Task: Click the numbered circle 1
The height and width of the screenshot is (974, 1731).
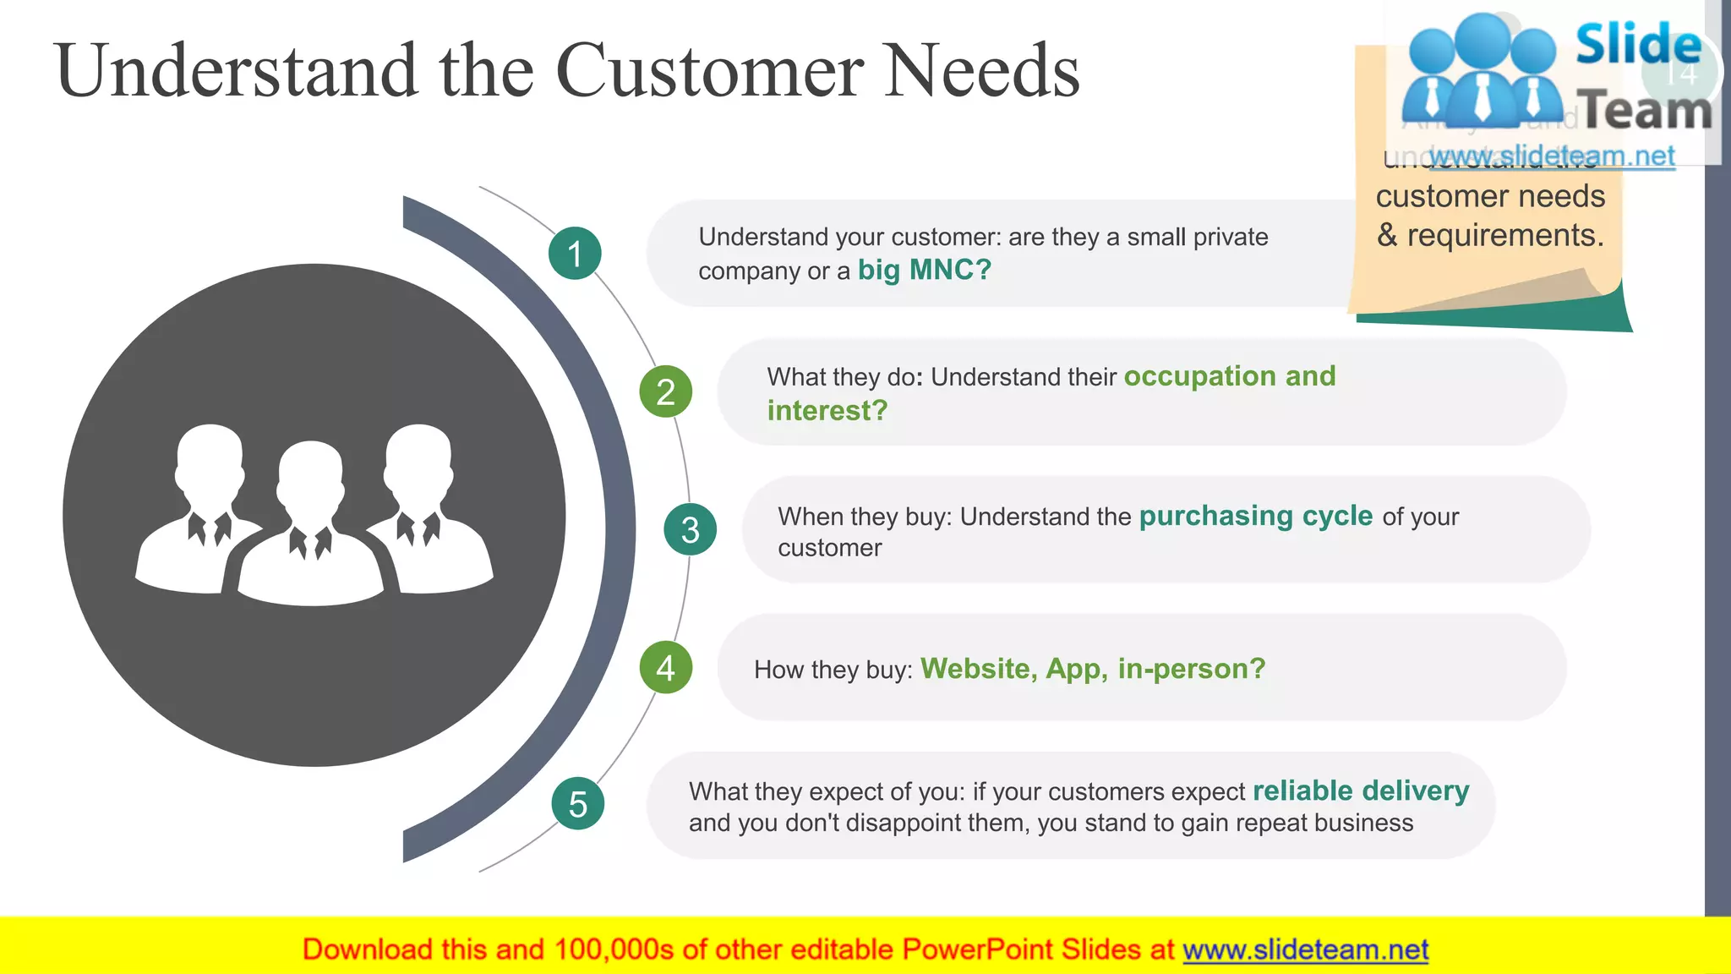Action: pos(575,254)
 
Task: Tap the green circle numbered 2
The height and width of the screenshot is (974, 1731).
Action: pos(666,392)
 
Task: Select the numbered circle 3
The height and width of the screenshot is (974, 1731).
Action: pos(690,530)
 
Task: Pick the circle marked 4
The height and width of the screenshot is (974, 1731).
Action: pos(666,668)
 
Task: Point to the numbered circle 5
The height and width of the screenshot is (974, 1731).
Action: pos(578,804)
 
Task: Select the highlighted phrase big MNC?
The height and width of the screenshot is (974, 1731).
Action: pos(924,271)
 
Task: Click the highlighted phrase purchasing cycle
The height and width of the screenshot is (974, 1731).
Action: pos(1255,516)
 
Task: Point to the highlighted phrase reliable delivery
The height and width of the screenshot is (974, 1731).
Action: pos(1361,791)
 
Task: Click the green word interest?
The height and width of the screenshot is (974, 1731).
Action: pos(827,411)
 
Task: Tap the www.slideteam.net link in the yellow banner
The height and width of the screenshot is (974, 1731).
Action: pos(1305,950)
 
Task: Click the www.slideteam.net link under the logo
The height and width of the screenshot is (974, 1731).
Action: pos(1551,156)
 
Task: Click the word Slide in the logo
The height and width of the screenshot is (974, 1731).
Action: pos(1638,44)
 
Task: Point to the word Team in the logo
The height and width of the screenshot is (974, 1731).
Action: pos(1646,111)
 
